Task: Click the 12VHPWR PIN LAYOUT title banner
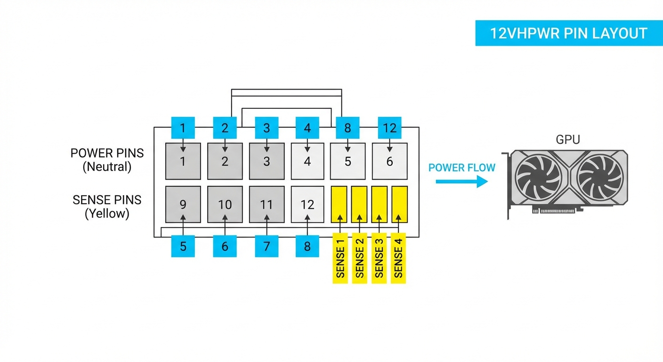[x=568, y=33]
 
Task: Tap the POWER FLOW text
[x=461, y=168]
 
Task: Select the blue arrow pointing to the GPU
[x=461, y=181]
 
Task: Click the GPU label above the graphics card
[x=568, y=140]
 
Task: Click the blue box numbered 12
[x=389, y=128]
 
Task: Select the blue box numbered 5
[x=183, y=246]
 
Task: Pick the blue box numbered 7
[x=267, y=246]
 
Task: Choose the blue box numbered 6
[x=225, y=246]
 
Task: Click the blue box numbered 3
[x=267, y=128]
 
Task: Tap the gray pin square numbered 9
[x=183, y=204]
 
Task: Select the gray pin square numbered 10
[x=225, y=204]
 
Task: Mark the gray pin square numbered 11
[x=267, y=204]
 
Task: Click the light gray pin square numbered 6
[x=389, y=161]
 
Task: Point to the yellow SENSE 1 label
[x=340, y=258]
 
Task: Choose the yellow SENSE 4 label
[x=398, y=258]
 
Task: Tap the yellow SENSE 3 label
[x=379, y=258]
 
